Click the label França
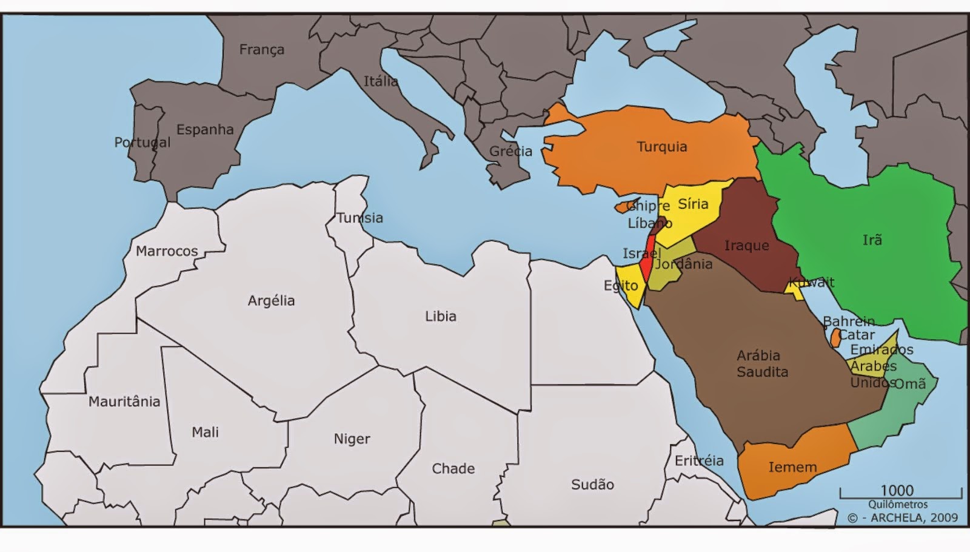tap(261, 50)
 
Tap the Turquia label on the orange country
tap(661, 147)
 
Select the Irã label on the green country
tap(872, 240)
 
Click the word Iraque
tap(746, 246)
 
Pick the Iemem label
tap(792, 467)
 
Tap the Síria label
tap(693, 204)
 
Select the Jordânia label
tap(683, 264)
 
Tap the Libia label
tap(440, 316)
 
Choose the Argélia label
tap(271, 301)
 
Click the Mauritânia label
tap(124, 402)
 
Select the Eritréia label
tap(699, 460)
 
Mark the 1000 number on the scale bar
tap(897, 490)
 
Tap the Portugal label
tap(142, 143)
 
